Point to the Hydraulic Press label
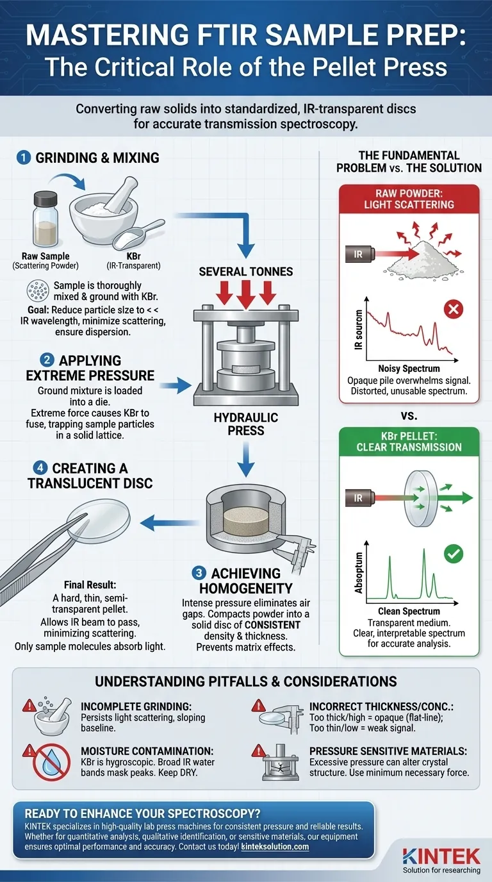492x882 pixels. [x=245, y=424]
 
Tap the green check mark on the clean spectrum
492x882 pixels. [x=453, y=553]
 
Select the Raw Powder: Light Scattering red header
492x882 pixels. [x=409, y=198]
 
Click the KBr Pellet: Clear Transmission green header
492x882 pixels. [x=409, y=441]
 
